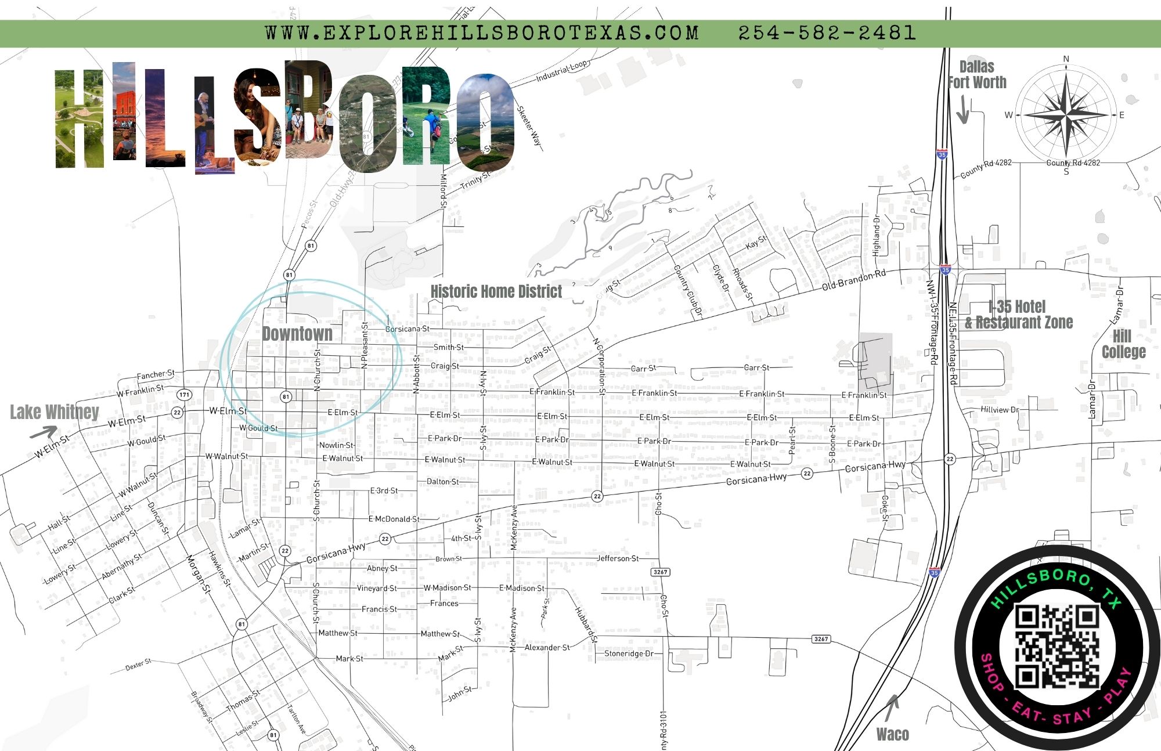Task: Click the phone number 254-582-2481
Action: click(x=827, y=33)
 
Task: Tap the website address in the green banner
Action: click(x=482, y=33)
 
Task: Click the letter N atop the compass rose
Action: click(x=1066, y=59)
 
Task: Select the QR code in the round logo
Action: click(x=1057, y=646)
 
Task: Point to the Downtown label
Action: click(x=297, y=334)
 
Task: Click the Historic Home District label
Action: click(x=496, y=291)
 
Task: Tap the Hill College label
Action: click(x=1123, y=344)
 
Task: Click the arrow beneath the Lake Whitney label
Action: click(x=44, y=432)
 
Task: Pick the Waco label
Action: click(x=892, y=735)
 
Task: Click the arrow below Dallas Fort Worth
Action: click(x=962, y=110)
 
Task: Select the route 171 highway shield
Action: click(x=184, y=395)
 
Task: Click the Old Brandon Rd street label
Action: click(x=853, y=280)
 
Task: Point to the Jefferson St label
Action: click(x=618, y=558)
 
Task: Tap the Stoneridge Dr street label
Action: click(x=629, y=653)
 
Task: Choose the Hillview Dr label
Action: click(x=999, y=410)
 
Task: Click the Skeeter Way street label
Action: click(x=529, y=126)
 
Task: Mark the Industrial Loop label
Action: click(x=562, y=71)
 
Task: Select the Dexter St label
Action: click(x=138, y=665)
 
